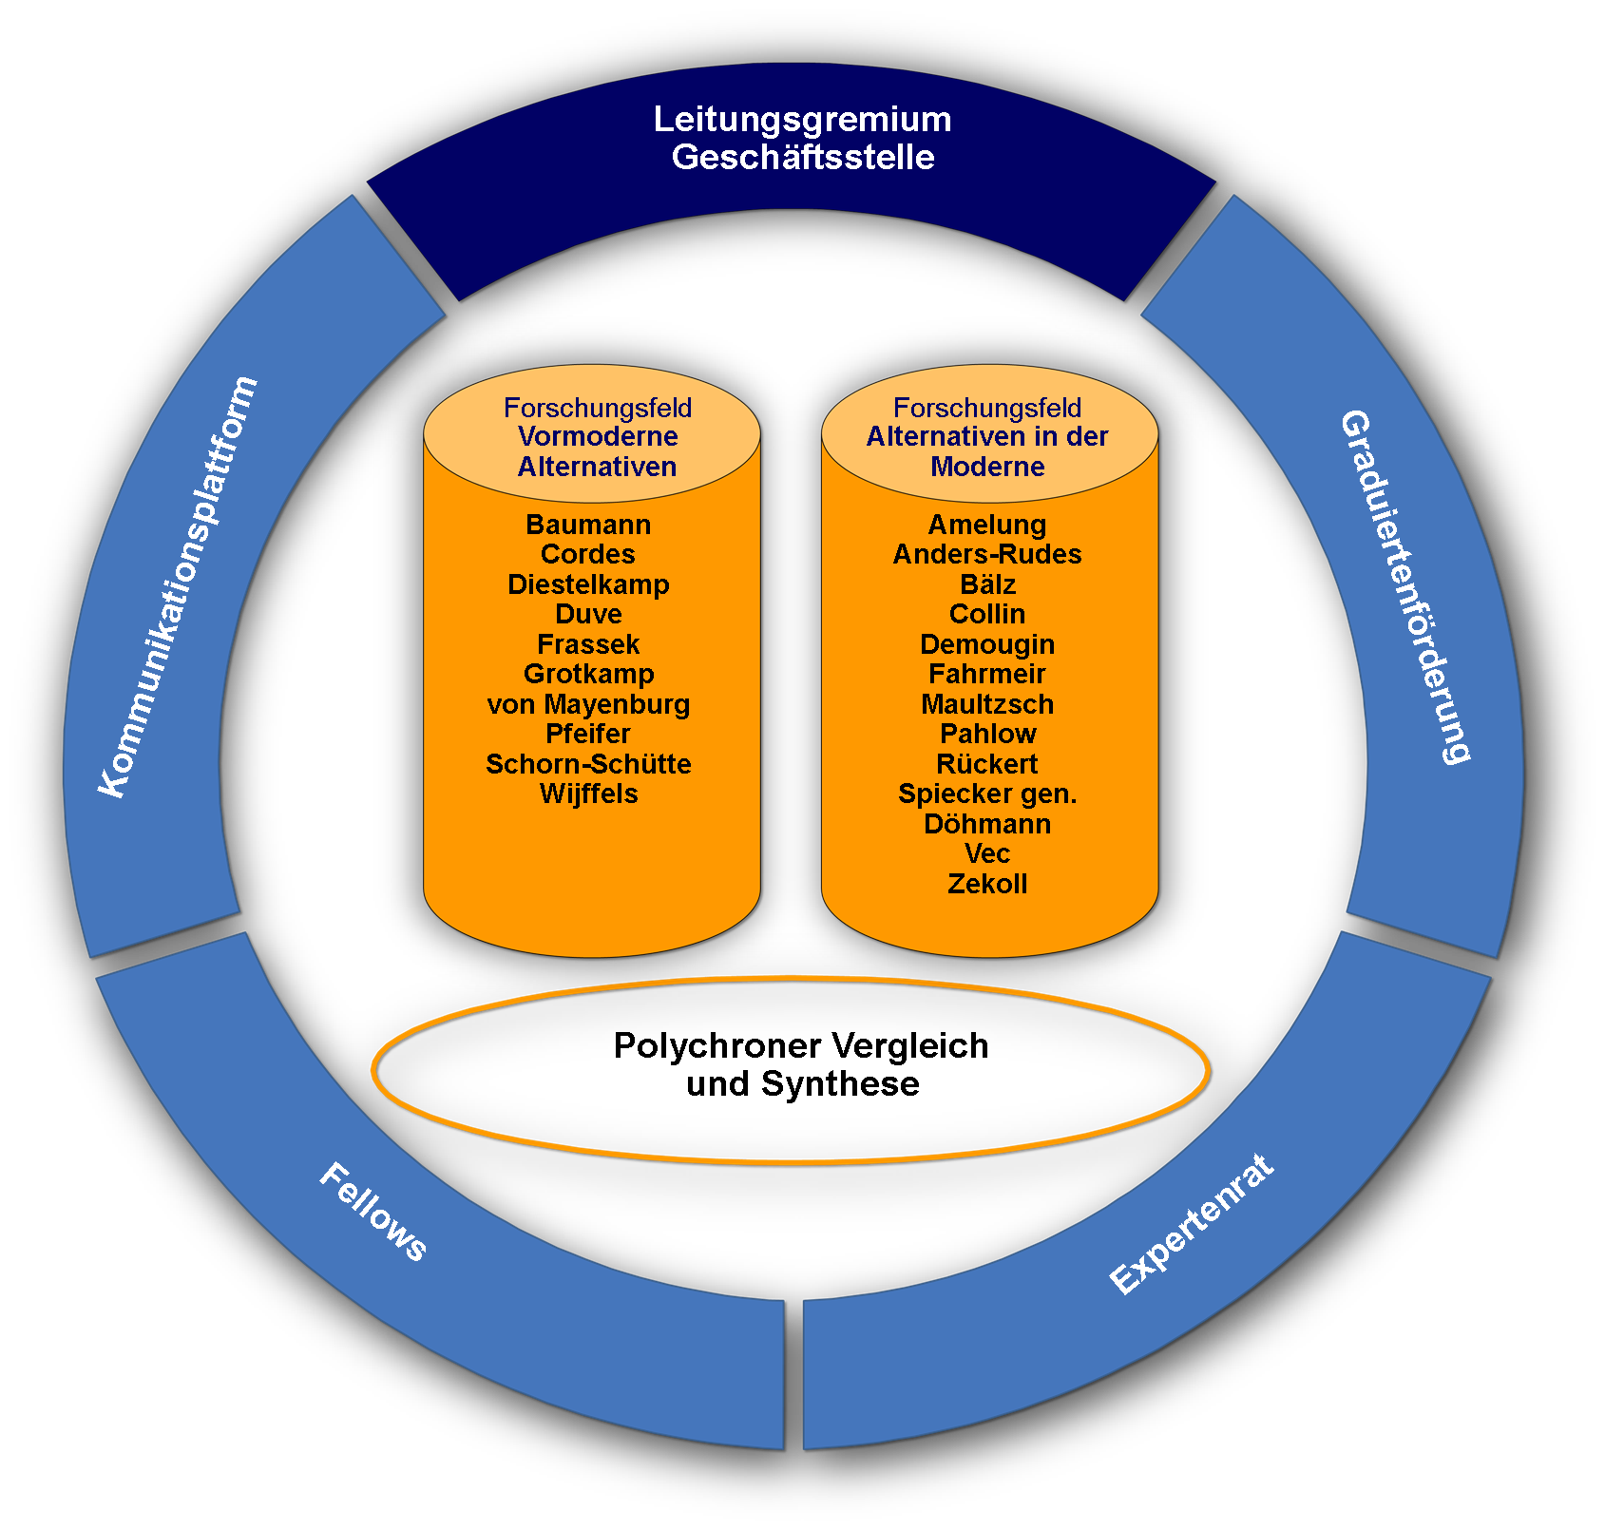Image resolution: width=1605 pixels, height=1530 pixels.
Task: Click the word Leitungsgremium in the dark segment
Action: click(802, 121)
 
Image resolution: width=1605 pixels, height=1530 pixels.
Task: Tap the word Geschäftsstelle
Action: click(803, 157)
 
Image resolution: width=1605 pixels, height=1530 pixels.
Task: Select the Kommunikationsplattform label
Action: click(178, 586)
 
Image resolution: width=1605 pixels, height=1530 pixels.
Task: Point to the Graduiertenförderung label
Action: click(1405, 586)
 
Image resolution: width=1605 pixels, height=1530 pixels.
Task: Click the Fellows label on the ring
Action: click(373, 1213)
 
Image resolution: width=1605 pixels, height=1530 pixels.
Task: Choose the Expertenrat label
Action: click(1191, 1224)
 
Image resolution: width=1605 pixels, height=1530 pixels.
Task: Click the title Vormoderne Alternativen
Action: click(598, 451)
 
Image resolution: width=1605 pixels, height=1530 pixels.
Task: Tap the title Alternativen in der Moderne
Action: click(987, 451)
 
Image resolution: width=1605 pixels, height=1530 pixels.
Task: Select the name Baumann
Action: click(588, 525)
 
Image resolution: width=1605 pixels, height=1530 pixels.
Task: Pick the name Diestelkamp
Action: click(588, 584)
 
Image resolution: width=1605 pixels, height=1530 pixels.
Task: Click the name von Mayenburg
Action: click(588, 704)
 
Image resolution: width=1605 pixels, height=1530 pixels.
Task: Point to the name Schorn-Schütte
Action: click(588, 764)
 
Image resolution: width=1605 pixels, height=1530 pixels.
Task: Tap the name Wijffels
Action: click(588, 794)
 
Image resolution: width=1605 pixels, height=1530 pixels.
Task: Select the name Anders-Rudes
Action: click(987, 554)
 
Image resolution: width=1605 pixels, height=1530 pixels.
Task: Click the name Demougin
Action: click(987, 644)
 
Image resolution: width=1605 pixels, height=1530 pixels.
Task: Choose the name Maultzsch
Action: click(987, 704)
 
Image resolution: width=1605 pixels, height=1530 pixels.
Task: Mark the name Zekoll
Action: click(987, 884)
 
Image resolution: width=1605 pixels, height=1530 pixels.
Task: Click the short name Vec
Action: click(987, 853)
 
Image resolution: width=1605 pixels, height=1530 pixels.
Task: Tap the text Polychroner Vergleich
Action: click(801, 1045)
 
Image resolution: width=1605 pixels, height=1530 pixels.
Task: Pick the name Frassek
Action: click(588, 644)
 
